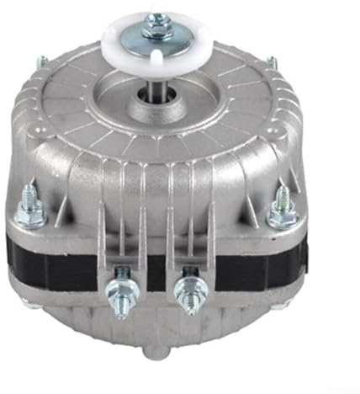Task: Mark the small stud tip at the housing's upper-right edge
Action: (x=271, y=60)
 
